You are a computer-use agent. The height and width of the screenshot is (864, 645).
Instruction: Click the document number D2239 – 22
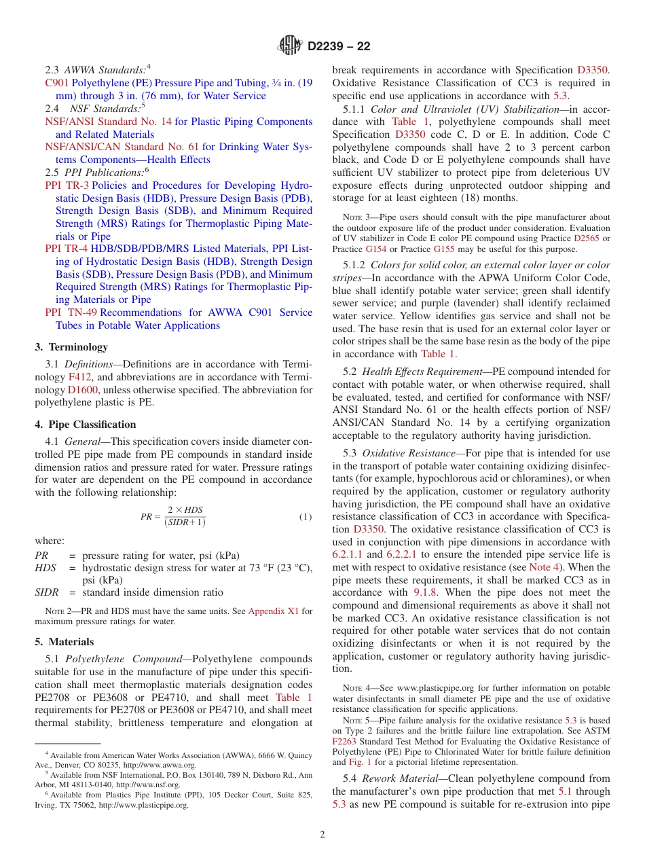click(339, 46)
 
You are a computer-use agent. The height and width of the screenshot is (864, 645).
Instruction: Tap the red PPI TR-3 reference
click(67, 185)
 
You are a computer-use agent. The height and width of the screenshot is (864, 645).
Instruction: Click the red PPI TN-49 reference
click(71, 312)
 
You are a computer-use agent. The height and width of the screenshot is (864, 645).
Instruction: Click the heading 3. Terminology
click(71, 347)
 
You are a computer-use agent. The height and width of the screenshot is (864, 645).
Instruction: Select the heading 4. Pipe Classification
click(86, 425)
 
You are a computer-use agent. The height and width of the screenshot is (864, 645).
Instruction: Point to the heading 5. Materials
click(64, 642)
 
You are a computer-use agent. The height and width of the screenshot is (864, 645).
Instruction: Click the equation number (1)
click(306, 516)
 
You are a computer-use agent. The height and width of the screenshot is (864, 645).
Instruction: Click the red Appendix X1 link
click(273, 611)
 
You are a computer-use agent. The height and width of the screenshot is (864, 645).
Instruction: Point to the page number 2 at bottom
click(322, 834)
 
